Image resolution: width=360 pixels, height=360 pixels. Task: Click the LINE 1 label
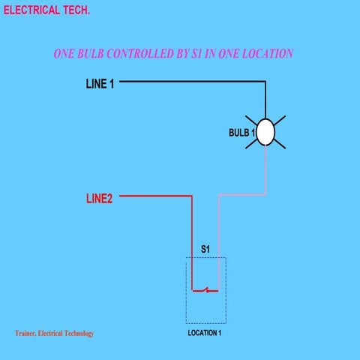point(100,84)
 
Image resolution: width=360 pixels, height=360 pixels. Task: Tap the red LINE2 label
point(99,199)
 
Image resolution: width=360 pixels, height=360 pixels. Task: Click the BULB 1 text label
point(241,133)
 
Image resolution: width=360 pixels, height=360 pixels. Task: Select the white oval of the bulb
point(265,133)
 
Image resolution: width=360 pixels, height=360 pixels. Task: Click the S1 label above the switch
point(205,247)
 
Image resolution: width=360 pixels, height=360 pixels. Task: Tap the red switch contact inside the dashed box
point(205,289)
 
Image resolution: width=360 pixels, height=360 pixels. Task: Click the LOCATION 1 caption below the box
point(205,332)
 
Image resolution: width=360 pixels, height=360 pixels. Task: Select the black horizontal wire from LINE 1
point(191,81)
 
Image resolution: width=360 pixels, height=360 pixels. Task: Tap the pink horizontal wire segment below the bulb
point(241,195)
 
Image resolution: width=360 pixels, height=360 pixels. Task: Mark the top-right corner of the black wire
point(265,81)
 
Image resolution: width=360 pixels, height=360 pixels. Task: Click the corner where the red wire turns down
point(192,196)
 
